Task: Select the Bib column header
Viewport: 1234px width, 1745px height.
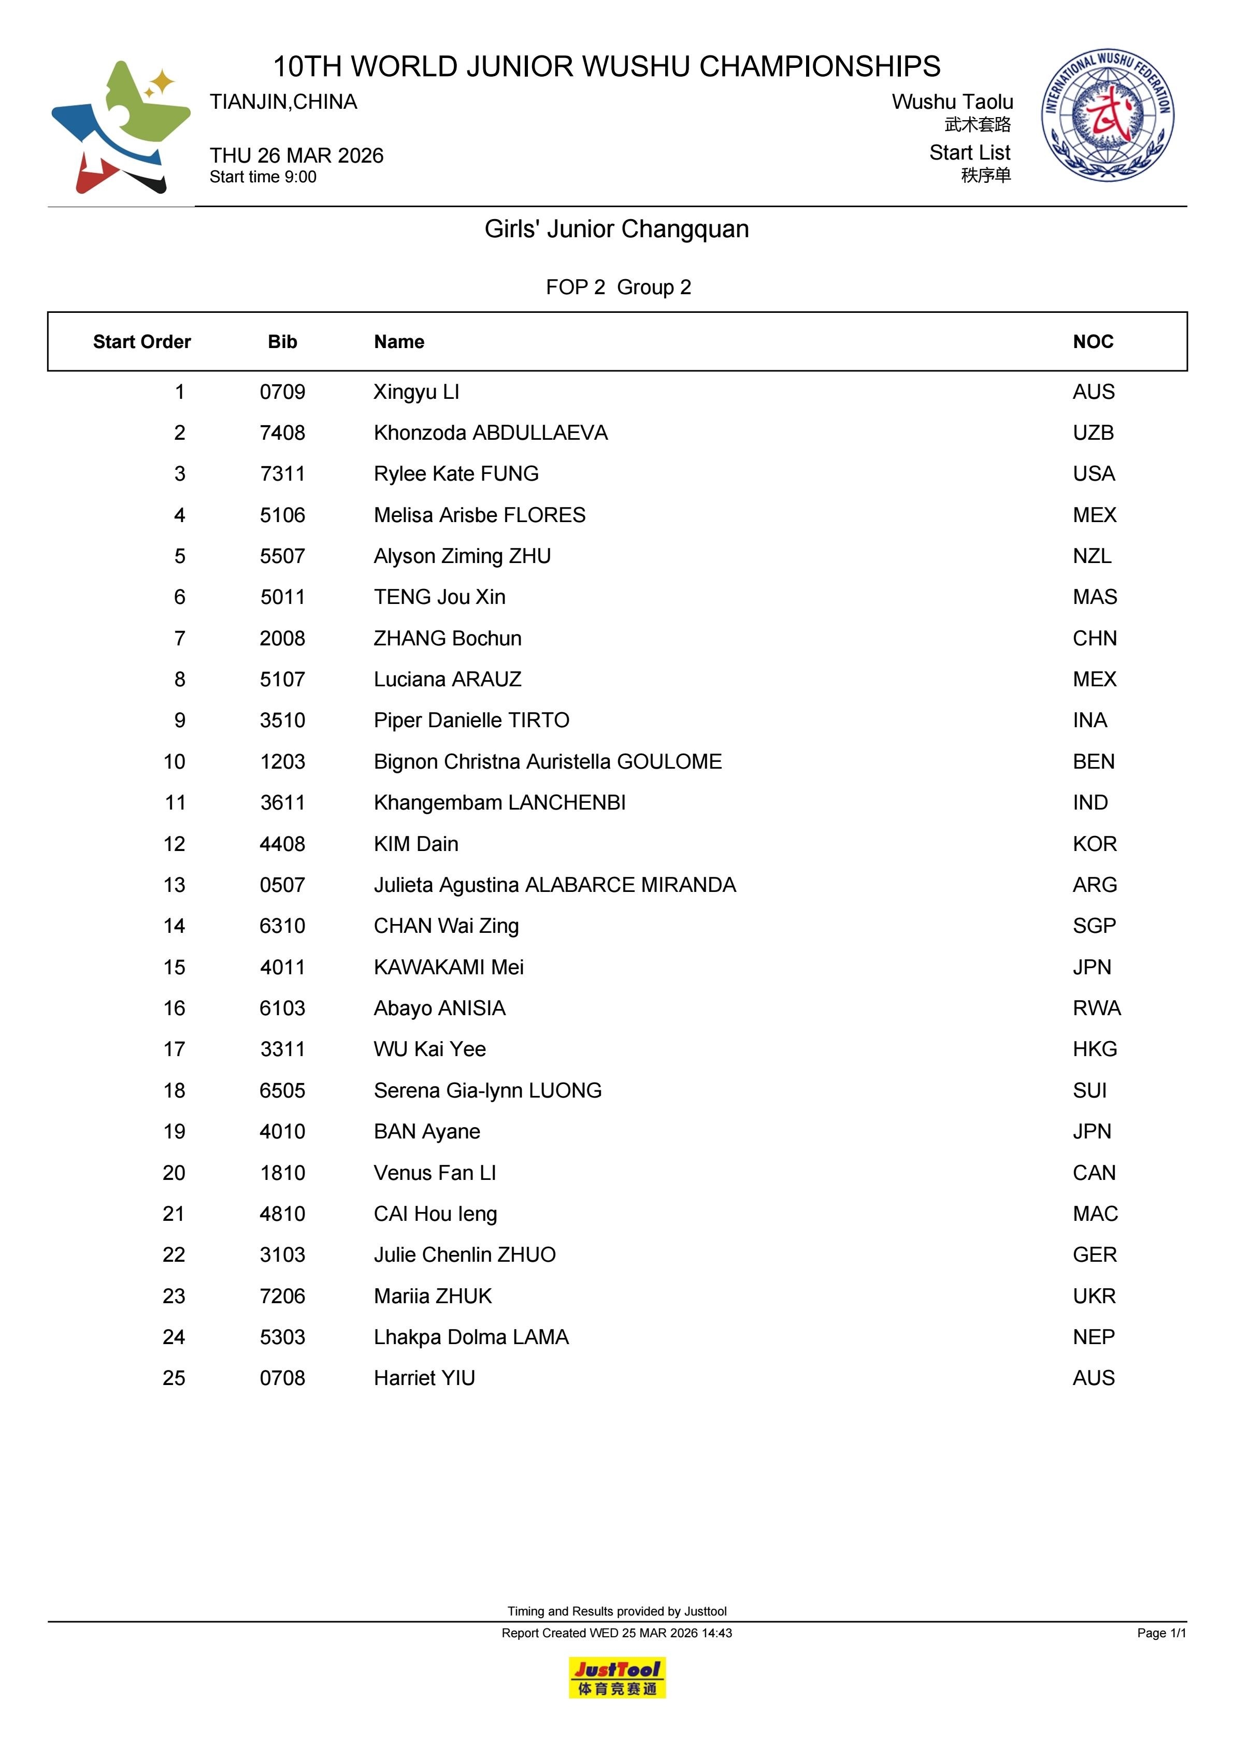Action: (282, 342)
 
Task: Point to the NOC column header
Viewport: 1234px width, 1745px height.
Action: (1093, 342)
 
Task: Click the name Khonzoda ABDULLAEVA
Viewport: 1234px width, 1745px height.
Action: (491, 433)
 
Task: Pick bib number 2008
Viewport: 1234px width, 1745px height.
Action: (282, 639)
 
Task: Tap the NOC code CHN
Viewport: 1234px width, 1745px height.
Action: (1094, 639)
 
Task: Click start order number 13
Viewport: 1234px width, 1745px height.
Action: (174, 885)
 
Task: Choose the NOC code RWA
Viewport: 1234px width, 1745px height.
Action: (1096, 1008)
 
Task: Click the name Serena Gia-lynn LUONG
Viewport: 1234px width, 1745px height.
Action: (487, 1091)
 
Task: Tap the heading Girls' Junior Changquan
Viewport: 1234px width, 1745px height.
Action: (616, 229)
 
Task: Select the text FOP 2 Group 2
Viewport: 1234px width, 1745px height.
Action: (618, 287)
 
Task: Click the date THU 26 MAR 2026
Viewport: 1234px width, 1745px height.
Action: (296, 156)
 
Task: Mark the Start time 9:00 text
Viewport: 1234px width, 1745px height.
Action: (263, 177)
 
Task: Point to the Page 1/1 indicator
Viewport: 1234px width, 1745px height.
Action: (1161, 1633)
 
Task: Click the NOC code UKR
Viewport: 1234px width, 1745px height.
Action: (1094, 1296)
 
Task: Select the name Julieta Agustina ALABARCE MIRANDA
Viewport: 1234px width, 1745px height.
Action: (554, 885)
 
